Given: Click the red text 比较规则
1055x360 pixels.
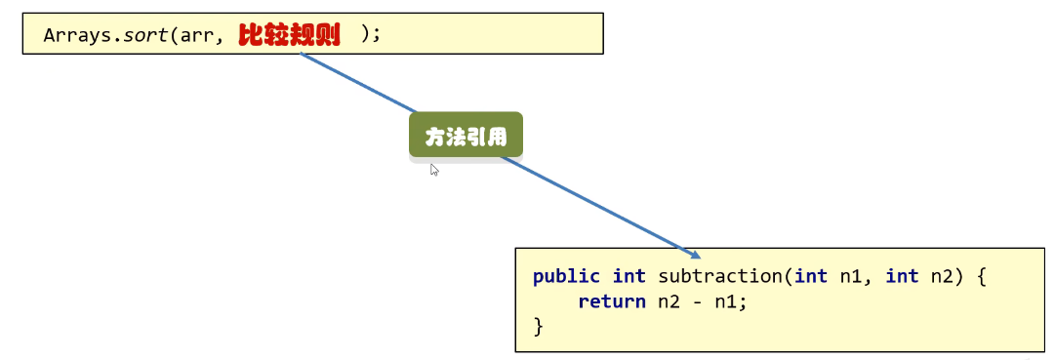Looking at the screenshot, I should [289, 34].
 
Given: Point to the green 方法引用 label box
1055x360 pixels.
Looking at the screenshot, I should [466, 136].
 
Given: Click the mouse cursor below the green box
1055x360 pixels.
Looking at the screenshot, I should [434, 170].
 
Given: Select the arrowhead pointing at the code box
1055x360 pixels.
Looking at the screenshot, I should [694, 253].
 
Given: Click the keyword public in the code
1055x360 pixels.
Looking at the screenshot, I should [567, 276].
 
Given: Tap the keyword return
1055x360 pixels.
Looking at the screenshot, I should [611, 301].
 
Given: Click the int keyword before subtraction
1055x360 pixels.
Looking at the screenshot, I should [629, 276].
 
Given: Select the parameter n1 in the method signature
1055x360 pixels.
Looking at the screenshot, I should [851, 276].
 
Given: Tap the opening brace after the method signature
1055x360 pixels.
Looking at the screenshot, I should [982, 276].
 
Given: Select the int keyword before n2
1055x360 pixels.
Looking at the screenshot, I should [902, 276].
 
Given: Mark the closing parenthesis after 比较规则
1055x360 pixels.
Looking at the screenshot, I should [366, 34].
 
